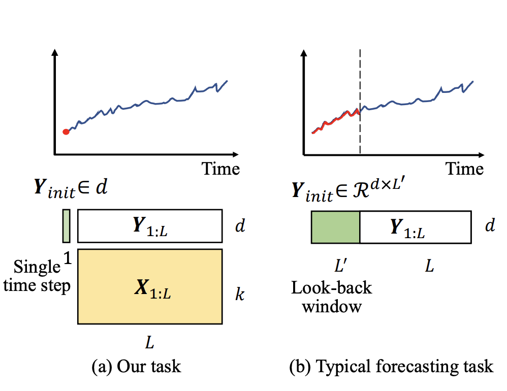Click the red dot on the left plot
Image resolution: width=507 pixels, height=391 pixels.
pyautogui.click(x=66, y=132)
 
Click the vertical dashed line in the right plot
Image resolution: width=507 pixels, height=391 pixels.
pyautogui.click(x=360, y=102)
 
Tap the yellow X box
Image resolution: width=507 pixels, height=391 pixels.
pyautogui.click(x=150, y=286)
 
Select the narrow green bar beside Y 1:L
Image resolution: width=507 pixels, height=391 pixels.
pyautogui.click(x=66, y=226)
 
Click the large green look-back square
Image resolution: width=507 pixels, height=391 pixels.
pyautogui.click(x=336, y=227)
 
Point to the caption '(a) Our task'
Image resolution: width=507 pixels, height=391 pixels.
pyautogui.click(x=136, y=367)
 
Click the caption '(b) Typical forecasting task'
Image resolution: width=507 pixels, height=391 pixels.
pyautogui.click(x=391, y=367)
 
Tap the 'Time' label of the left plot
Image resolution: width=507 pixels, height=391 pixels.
pyautogui.click(x=221, y=169)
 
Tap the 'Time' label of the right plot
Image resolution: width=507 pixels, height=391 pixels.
pyautogui.click(x=465, y=169)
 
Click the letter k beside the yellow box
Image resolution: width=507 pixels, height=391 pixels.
pyautogui.click(x=240, y=294)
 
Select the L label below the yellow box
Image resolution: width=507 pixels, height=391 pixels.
pyautogui.click(x=149, y=342)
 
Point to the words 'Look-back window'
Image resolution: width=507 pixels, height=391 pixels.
pyautogui.click(x=332, y=297)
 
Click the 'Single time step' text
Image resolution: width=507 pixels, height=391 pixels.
pyautogui.click(x=37, y=276)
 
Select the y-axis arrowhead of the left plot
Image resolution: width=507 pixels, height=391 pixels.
pyautogui.click(x=55, y=52)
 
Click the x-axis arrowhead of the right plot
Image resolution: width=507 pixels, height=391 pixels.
pyautogui.click(x=481, y=155)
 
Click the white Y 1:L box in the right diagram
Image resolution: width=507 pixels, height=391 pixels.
pyautogui.click(x=416, y=227)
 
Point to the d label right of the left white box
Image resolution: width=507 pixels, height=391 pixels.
pyautogui.click(x=240, y=225)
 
